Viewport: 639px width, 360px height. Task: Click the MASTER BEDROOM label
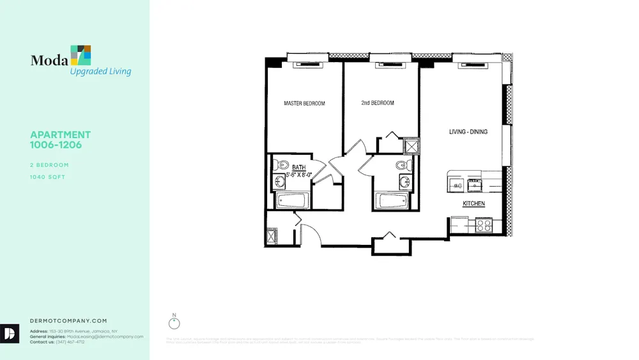point(304,104)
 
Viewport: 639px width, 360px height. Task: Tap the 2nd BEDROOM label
point(378,103)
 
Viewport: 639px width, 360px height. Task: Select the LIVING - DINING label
point(468,132)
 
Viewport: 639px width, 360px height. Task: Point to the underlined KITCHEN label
point(473,204)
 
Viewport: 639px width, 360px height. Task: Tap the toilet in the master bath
point(279,164)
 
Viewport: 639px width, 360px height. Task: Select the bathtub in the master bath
point(292,201)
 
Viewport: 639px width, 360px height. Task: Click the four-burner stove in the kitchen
point(484,225)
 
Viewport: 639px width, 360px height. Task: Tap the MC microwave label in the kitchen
point(458,186)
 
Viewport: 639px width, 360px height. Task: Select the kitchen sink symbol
point(475,185)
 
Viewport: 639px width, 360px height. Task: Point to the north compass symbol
point(174,321)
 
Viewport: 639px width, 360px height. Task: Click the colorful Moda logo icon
point(81,56)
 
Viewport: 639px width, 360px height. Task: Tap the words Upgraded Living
point(100,72)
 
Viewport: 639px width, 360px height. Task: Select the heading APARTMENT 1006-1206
point(60,139)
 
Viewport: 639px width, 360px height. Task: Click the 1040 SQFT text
point(49,177)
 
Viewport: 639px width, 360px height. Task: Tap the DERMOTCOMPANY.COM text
point(68,321)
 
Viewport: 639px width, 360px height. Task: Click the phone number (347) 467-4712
point(71,342)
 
